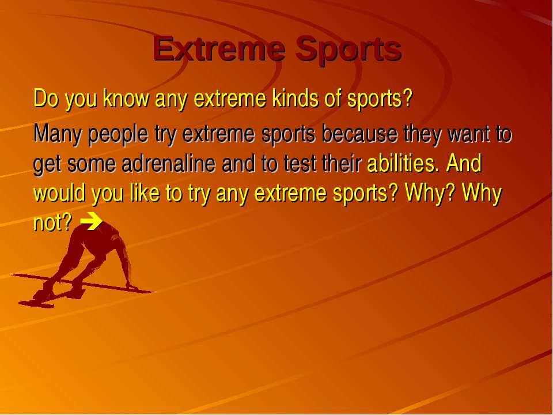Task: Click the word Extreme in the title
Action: [219, 48]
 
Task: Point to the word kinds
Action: [296, 98]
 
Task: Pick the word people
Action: [118, 135]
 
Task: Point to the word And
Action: [464, 163]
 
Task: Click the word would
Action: [59, 193]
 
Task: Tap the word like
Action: [145, 193]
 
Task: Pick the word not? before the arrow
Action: [53, 222]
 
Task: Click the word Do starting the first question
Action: [46, 98]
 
